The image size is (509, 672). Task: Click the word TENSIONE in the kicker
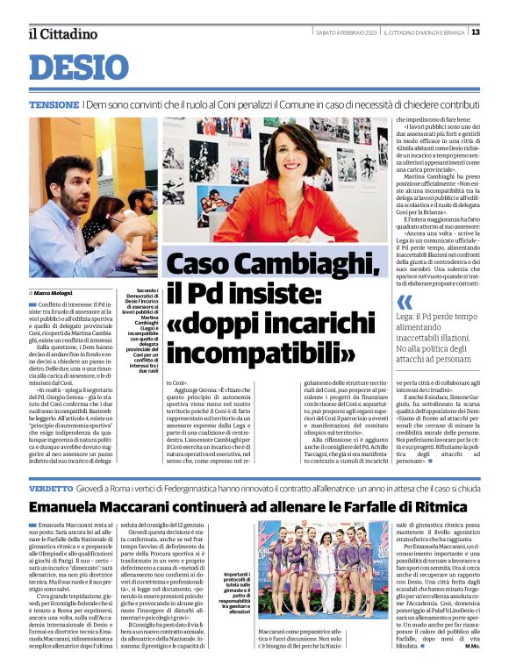point(54,104)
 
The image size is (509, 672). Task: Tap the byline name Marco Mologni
point(54,292)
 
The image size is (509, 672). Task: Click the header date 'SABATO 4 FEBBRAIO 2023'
point(346,32)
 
